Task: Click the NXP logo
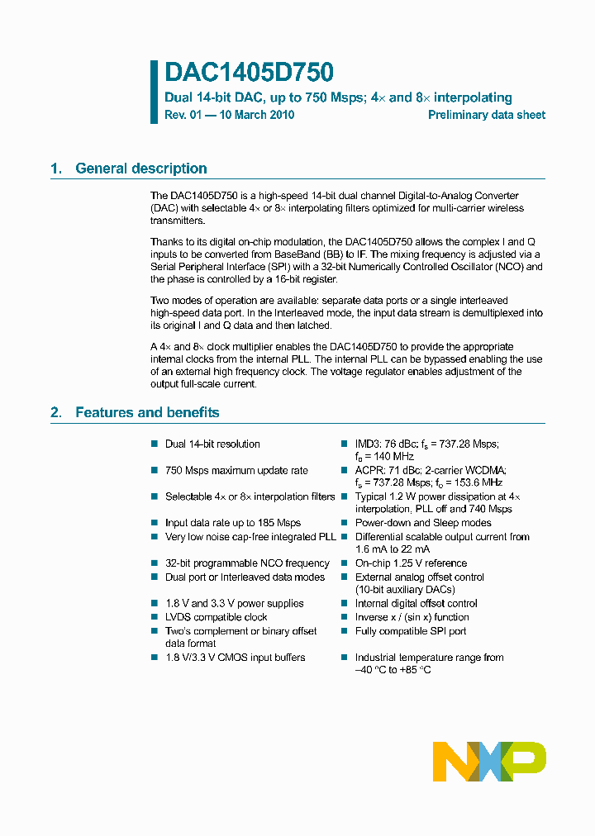click(489, 761)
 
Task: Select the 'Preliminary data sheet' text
click(486, 115)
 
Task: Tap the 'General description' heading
click(140, 169)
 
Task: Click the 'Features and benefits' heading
click(147, 412)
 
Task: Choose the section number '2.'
click(56, 412)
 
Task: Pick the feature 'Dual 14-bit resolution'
click(212, 444)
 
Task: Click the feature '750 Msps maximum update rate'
click(236, 471)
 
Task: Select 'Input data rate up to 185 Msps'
click(232, 523)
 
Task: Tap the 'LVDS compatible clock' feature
click(217, 617)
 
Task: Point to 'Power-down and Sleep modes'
click(423, 523)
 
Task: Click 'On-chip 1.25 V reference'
click(411, 563)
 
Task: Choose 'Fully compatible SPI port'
click(411, 631)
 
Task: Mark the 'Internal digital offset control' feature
click(416, 604)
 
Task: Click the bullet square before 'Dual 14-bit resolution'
click(154, 444)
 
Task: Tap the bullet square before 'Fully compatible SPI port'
click(345, 631)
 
